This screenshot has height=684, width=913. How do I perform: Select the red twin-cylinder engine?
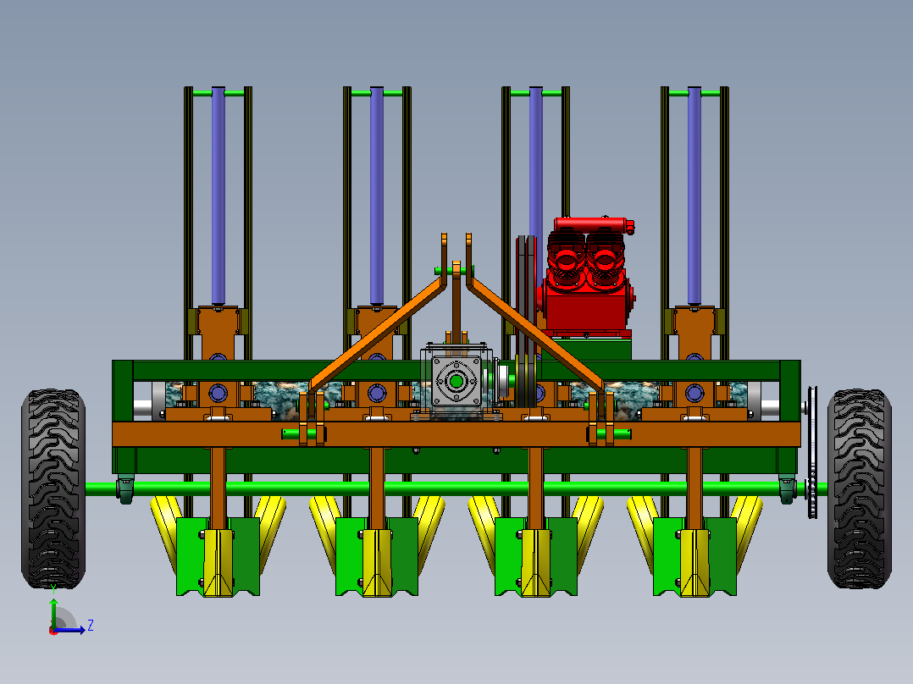pos(588,278)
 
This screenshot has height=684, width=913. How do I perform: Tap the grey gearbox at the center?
pos(456,382)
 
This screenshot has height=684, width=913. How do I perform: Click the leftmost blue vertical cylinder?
pos(219,196)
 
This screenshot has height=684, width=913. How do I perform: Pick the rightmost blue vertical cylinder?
pos(694,196)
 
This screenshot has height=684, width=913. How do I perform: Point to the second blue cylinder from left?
pos(377,196)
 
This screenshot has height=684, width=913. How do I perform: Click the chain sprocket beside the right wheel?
pos(811,452)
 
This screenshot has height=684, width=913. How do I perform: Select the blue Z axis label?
pos(91,626)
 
